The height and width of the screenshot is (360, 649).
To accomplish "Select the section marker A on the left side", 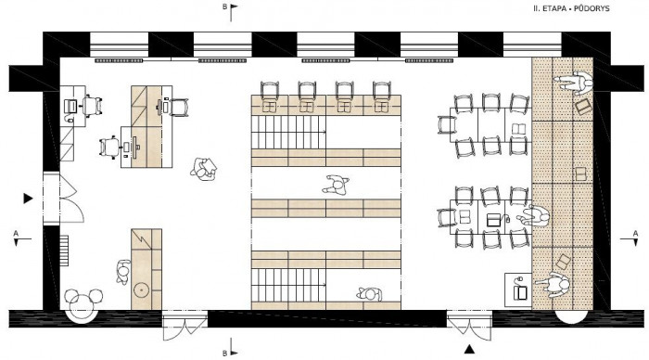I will (15, 233).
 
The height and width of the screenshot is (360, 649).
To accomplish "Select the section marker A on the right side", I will (634, 233).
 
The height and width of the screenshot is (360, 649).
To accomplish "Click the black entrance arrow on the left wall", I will (29, 198).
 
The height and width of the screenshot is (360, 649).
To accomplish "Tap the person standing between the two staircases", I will (335, 185).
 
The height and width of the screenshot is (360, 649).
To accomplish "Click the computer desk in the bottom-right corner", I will (520, 289).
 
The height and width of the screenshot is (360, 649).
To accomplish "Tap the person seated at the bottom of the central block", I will (369, 295).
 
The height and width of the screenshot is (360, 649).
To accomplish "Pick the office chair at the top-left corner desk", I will (71, 108).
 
